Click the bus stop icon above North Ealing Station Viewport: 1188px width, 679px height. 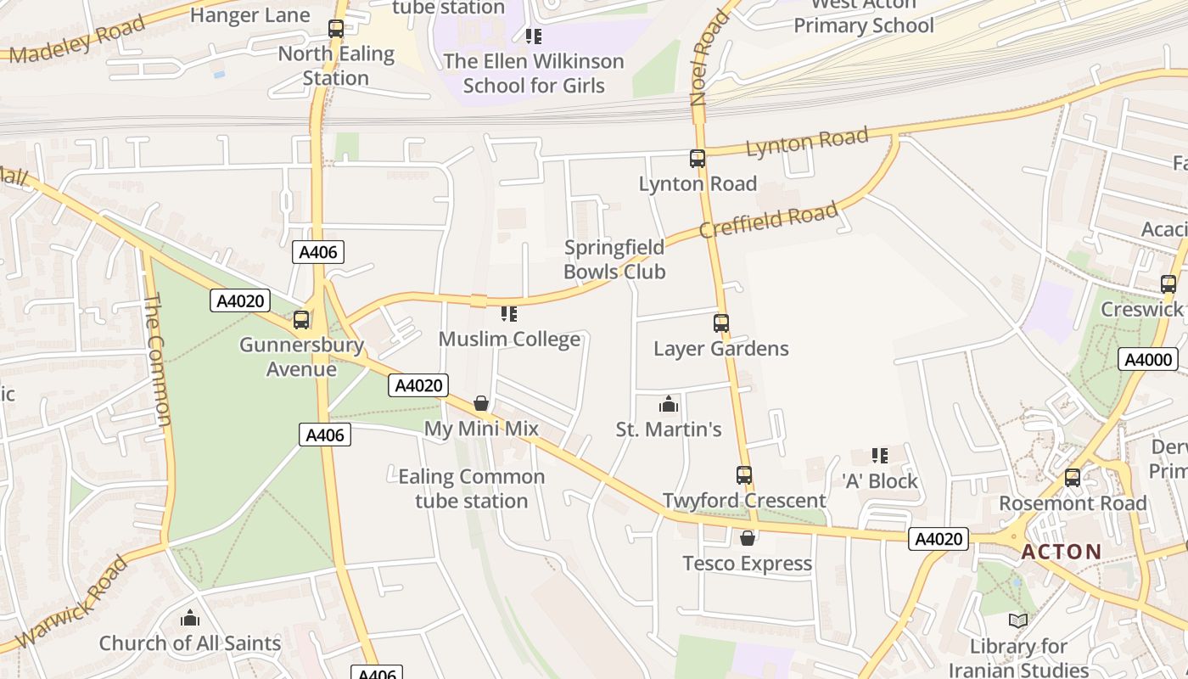coord(336,29)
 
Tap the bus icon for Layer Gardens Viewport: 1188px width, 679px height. coord(720,323)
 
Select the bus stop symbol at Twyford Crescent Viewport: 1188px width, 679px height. coord(744,475)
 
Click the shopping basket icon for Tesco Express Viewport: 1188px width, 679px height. coord(748,538)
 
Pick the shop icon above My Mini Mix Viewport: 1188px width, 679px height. coord(481,403)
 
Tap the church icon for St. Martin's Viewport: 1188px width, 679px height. coord(669,404)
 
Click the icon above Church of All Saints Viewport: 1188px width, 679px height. coord(190,618)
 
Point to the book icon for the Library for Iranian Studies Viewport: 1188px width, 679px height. coord(1018,621)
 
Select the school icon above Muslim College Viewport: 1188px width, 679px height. coord(509,314)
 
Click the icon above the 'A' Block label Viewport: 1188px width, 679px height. coord(880,456)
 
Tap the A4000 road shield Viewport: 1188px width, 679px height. coord(1148,359)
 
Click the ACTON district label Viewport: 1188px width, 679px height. coord(1061,552)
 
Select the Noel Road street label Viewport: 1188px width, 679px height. coord(709,58)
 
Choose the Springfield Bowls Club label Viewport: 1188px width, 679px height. coord(614,260)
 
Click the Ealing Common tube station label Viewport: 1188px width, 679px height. coord(472,489)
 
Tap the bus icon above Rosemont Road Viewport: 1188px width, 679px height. coord(1073,477)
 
